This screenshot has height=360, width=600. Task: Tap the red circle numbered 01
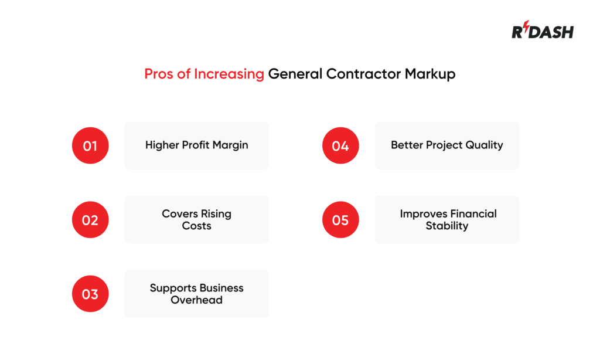click(90, 145)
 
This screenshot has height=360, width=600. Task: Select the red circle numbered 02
click(90, 220)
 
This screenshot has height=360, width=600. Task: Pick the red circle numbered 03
click(90, 294)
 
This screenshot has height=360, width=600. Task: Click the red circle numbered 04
click(340, 145)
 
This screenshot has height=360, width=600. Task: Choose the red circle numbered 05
click(340, 220)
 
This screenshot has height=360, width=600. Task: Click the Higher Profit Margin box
click(196, 145)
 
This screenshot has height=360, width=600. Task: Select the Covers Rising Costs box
click(196, 220)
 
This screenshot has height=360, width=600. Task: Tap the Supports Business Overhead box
click(196, 294)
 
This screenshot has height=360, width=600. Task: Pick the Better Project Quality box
click(446, 145)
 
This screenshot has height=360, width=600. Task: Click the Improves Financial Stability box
click(446, 220)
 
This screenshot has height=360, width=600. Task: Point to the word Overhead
click(196, 300)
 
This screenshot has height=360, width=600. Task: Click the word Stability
click(446, 226)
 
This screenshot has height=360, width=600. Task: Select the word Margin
click(230, 145)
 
